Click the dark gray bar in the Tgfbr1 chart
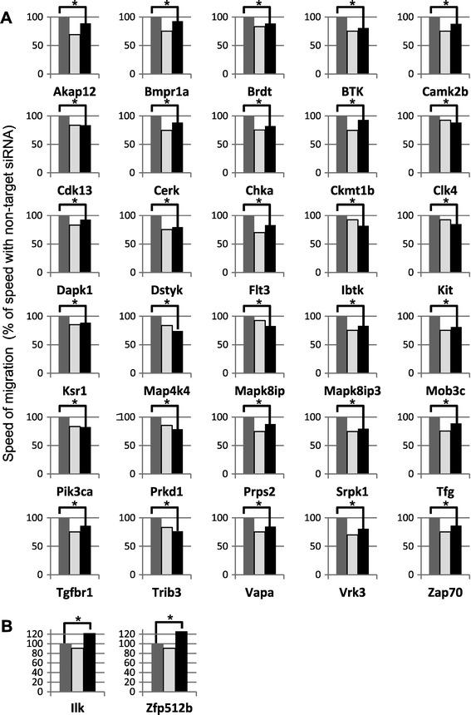point(63,545)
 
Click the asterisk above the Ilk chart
point(80,619)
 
